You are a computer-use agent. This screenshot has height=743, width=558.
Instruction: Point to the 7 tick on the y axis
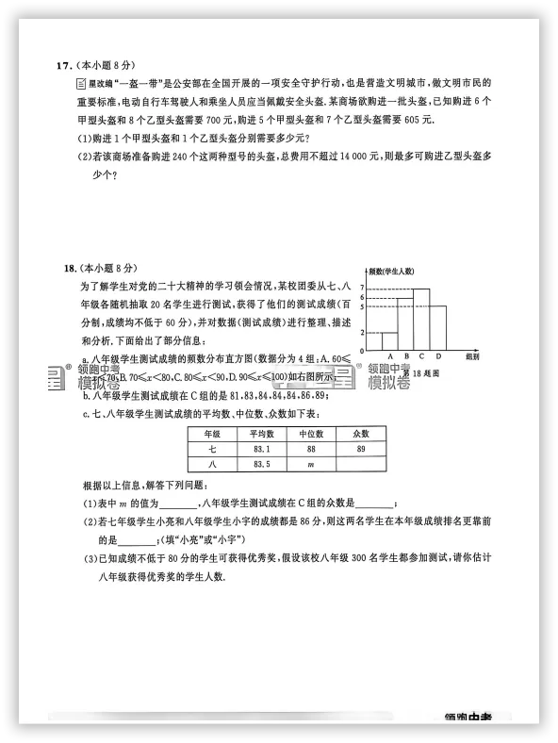[x=361, y=287]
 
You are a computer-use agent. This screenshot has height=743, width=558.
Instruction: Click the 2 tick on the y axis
[x=361, y=332]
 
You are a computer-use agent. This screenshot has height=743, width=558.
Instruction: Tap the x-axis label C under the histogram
[x=421, y=355]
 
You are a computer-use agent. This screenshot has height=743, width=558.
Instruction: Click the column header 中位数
[x=311, y=434]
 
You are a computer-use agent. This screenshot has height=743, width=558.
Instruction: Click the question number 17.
[x=64, y=65]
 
